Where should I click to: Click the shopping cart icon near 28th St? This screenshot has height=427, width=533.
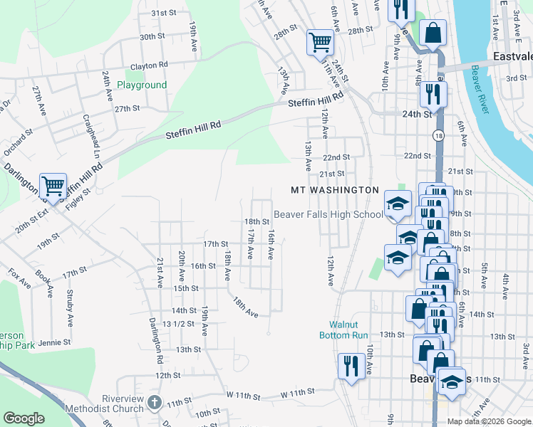tap(321, 42)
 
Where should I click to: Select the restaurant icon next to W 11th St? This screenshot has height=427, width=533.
tap(350, 366)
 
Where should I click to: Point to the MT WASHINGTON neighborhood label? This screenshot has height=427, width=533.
tap(335, 190)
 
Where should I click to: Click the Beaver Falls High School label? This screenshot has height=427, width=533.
tap(328, 214)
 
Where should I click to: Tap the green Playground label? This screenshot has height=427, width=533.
tap(142, 85)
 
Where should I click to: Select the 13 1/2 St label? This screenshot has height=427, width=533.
tap(179, 324)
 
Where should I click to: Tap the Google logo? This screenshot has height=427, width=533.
tap(24, 418)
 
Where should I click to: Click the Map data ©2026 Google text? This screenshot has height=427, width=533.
tap(488, 421)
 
